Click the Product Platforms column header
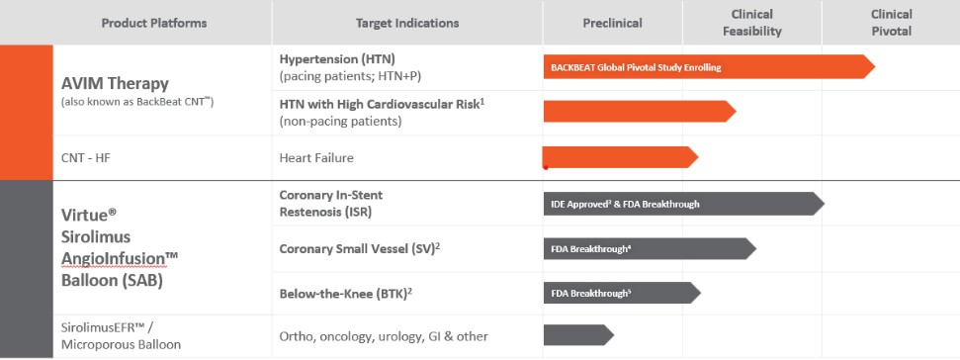pos(153,24)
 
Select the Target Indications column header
pos(407,24)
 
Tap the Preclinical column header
pos(612,24)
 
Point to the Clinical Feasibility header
pos(751,23)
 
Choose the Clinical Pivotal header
pos(892,23)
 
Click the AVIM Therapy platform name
pos(115,83)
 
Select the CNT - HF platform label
pos(86,158)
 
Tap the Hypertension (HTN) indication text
pos(337,59)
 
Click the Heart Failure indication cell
pos(316,158)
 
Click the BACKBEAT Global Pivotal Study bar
pos(709,66)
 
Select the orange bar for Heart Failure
pos(621,157)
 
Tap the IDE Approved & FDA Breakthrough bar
pos(684,204)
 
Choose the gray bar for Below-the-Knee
pos(622,293)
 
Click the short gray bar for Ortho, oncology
pos(578,335)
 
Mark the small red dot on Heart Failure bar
pos(546,167)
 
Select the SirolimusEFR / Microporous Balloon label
pos(121,335)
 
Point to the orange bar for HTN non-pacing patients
pos(640,112)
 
